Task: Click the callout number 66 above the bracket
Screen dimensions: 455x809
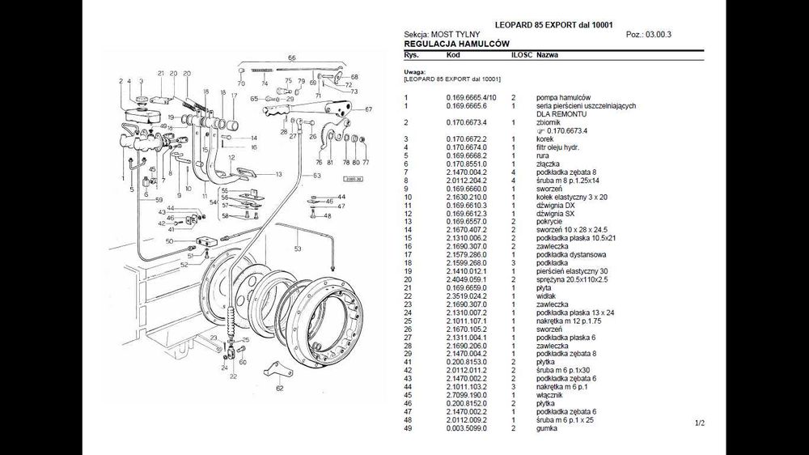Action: (x=292, y=58)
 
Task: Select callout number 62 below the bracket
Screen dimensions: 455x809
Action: (x=280, y=388)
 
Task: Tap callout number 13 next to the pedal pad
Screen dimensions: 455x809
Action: (x=278, y=174)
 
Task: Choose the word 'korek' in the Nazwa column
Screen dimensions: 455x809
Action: (x=544, y=139)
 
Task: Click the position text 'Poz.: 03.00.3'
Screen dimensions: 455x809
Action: (x=649, y=35)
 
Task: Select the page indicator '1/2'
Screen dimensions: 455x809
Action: (x=699, y=423)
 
